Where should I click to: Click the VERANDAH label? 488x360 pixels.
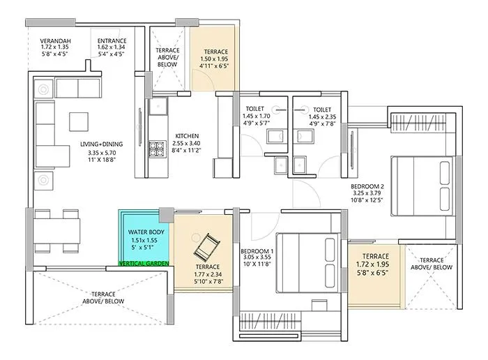pyautogui.click(x=56, y=41)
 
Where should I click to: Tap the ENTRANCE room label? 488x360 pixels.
pyautogui.click(x=112, y=41)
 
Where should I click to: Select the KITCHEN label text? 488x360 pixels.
pyautogui.click(x=187, y=135)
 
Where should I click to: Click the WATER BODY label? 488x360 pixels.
pyautogui.click(x=145, y=232)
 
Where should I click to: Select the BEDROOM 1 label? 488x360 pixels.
pyautogui.click(x=257, y=250)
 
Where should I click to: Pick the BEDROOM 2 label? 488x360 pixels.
pyautogui.click(x=368, y=187)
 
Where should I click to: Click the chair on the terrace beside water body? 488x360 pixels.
pyautogui.click(x=207, y=244)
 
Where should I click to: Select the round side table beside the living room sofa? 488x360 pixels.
pyautogui.click(x=43, y=89)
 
